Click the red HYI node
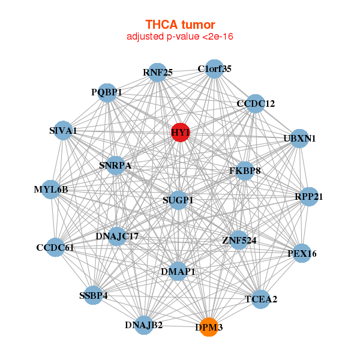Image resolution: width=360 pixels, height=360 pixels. click(181, 132)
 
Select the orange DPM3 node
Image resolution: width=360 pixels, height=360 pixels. click(209, 328)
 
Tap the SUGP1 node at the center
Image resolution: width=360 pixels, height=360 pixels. click(178, 200)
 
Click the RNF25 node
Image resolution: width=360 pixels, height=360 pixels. click(157, 73)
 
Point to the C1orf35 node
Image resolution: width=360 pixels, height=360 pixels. click(214, 68)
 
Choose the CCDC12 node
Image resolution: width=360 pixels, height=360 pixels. click(256, 104)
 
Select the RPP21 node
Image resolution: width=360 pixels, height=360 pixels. click(308, 196)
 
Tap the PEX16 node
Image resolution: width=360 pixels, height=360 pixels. click(301, 254)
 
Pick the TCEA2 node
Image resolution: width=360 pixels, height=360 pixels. click(260, 299)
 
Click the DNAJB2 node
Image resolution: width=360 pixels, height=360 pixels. click(144, 325)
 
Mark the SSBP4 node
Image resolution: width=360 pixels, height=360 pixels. click(93, 295)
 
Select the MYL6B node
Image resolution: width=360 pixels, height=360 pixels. click(51, 190)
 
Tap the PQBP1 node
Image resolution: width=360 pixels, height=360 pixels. click(107, 92)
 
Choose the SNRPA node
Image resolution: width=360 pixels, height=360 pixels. click(115, 165)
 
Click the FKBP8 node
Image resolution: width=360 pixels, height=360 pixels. click(245, 171)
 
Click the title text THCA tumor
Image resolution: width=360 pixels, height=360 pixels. click(180, 25)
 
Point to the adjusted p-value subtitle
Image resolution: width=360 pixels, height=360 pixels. click(180, 37)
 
